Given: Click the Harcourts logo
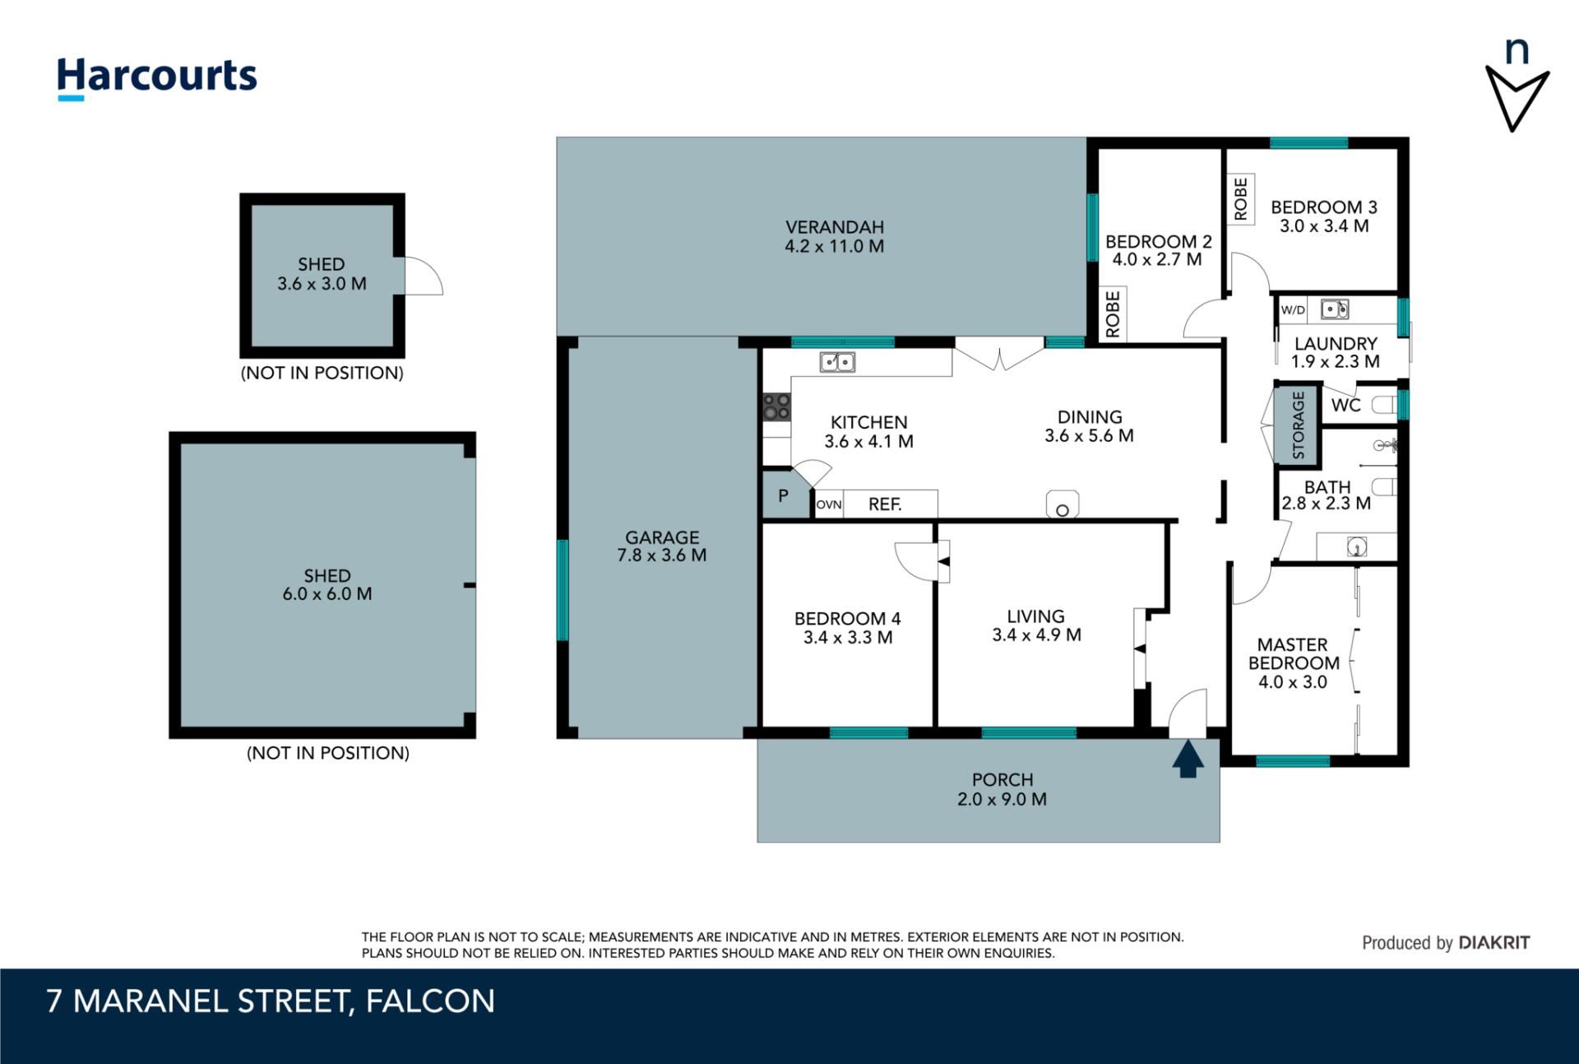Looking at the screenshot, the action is coord(156,79).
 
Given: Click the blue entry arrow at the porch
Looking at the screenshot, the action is coord(1188,759).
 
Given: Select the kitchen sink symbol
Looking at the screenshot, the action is coord(837,362).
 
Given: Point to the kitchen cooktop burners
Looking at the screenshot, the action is coord(776,407).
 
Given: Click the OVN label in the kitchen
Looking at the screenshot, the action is coord(829,504).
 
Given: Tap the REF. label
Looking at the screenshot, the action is coord(885,504).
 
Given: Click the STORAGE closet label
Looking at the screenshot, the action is coord(1299,425).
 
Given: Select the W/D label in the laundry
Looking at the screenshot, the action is coord(1293,310).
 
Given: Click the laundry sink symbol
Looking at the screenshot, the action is coord(1335,309).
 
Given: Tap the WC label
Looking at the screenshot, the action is coord(1345,405).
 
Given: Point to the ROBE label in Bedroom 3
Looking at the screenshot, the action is coord(1241,199).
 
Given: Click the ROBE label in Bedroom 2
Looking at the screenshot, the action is coord(1113,314).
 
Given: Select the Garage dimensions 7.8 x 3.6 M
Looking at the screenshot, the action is coord(662,555).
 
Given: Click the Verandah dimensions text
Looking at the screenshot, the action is coord(834,246).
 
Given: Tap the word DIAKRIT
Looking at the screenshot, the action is coord(1494,943).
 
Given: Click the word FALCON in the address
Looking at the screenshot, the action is coord(430,1001).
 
